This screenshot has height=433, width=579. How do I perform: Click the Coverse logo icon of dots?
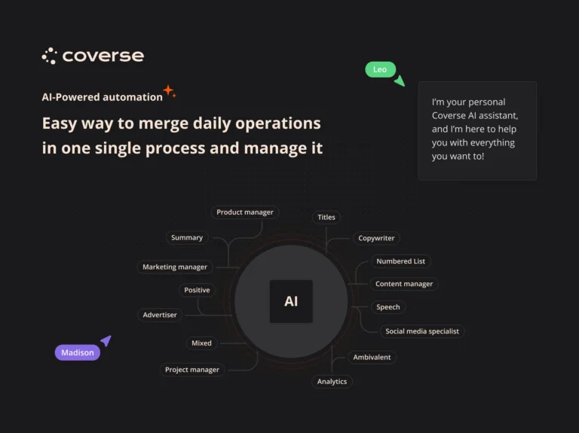[x=49, y=56]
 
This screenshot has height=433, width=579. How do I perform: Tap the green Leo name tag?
[x=380, y=69]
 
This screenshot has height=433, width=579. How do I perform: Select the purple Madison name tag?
[x=77, y=352]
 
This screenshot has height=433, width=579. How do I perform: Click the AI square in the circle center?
[x=291, y=301]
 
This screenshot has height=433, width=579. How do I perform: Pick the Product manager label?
[x=245, y=212]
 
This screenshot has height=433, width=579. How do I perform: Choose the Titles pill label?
[x=326, y=217]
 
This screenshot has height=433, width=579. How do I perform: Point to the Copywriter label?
[x=376, y=238]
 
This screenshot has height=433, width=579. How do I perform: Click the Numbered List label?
[x=400, y=261]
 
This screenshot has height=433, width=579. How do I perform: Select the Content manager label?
[x=404, y=284]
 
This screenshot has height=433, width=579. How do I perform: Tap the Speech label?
[x=388, y=307]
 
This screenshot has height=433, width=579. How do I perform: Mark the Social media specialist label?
[x=421, y=331]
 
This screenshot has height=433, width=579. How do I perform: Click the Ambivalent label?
[x=372, y=357]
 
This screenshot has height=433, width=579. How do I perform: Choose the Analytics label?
[x=332, y=382]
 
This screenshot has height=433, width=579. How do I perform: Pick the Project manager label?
[x=192, y=370]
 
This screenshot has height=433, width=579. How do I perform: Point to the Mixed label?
[x=201, y=343]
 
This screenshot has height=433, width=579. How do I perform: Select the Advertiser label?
[x=160, y=315]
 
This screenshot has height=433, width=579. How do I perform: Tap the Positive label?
[x=197, y=290]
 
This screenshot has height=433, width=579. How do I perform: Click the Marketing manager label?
[x=175, y=267]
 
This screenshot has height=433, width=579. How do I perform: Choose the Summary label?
[x=187, y=238]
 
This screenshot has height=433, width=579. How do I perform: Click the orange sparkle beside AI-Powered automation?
[x=169, y=92]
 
